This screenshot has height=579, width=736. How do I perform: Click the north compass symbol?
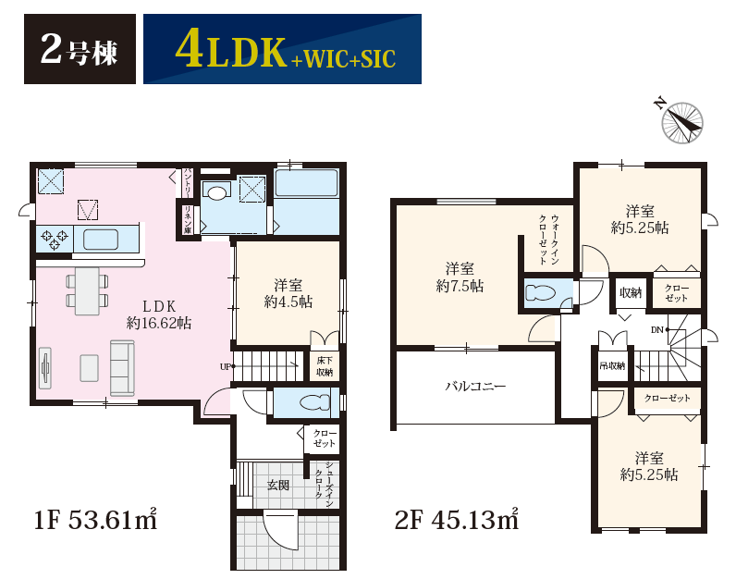681,121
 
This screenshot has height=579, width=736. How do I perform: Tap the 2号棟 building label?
80,49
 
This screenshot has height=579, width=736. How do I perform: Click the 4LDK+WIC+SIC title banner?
282,49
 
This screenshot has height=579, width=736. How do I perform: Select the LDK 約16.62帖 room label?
159,314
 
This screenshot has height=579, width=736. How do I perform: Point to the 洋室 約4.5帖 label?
288,293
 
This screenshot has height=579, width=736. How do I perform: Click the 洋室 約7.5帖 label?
460,277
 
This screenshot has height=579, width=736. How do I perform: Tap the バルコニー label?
475,387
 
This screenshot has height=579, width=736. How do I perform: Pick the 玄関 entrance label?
278,485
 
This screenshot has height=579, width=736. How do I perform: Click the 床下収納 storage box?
325,366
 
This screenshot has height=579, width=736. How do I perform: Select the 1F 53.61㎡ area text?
95,520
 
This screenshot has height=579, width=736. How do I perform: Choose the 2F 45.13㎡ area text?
457,520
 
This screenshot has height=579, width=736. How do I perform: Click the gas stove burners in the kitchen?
55,239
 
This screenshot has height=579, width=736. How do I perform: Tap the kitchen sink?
101,240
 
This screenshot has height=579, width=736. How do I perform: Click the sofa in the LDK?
122,368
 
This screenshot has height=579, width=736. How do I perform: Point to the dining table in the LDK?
87,291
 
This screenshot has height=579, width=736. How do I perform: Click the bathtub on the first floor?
306,184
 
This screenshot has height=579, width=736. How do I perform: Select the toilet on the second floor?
541,293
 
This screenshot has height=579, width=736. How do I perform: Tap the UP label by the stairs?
226,367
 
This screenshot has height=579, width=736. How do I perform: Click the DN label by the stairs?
657,330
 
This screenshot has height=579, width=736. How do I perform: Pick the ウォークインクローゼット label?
548,240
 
